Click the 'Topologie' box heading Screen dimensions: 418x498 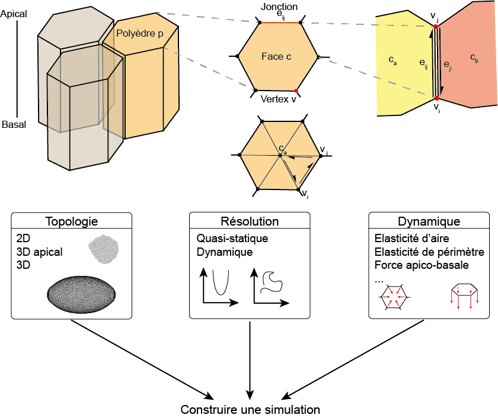[71, 222]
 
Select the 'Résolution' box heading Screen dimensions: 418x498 [250, 222]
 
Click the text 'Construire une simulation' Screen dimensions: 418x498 [250, 410]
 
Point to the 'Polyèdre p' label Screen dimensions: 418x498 [140, 34]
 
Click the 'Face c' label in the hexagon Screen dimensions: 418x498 [276, 57]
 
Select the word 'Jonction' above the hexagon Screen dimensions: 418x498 [279, 6]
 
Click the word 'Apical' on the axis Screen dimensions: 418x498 [14, 13]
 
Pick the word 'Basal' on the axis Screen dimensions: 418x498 [14, 125]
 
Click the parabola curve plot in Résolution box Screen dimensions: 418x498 [219, 285]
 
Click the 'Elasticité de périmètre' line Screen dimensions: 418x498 [429, 252]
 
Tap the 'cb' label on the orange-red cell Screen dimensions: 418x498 [474, 57]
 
